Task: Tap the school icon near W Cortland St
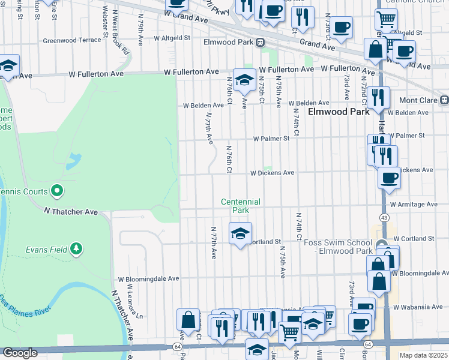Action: (x=240, y=233)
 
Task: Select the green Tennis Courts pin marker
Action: (x=57, y=191)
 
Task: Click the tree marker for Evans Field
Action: (x=76, y=248)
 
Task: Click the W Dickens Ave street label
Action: (x=272, y=173)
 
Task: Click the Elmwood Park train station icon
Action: (x=260, y=43)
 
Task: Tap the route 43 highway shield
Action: (x=384, y=217)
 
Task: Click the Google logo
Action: (x=19, y=353)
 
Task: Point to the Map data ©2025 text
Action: (x=423, y=355)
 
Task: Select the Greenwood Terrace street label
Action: (x=72, y=41)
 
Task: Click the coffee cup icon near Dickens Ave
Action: (x=389, y=177)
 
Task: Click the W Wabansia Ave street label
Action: (x=418, y=307)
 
